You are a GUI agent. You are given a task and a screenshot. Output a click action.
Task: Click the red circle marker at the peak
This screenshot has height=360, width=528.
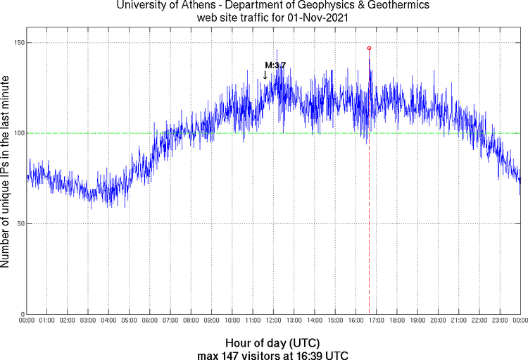[369, 48]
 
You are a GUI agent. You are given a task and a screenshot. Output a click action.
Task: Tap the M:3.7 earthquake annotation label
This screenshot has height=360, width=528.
[275, 65]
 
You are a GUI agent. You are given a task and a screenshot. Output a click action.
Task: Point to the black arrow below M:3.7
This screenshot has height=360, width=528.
[265, 75]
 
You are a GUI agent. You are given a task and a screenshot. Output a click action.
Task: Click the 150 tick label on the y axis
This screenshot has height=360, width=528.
[19, 43]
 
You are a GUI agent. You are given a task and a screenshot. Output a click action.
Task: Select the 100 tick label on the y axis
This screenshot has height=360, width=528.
[19, 133]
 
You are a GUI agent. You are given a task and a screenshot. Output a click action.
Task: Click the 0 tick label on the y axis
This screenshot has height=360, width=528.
[23, 314]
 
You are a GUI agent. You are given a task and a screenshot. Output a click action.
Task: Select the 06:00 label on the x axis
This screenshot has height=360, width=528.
[150, 321]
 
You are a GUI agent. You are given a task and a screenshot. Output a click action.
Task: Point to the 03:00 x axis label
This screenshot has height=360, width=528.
[88, 321]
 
